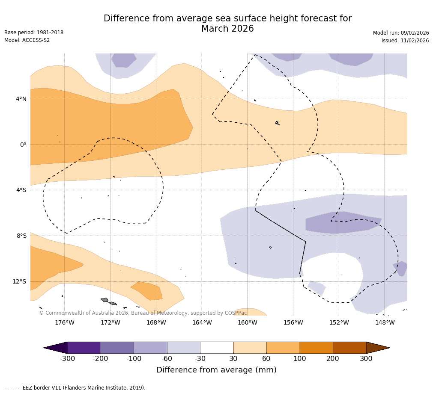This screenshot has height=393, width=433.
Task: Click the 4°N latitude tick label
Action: (21, 99)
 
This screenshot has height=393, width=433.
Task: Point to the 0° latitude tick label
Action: (23, 145)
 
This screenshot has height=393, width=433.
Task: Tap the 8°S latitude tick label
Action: (21, 236)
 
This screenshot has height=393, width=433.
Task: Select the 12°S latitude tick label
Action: (19, 282)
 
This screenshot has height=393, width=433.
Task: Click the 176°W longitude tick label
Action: (64, 323)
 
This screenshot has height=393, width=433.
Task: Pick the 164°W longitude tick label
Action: (202, 323)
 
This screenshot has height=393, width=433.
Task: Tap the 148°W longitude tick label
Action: (385, 323)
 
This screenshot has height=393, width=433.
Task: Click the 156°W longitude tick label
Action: (293, 323)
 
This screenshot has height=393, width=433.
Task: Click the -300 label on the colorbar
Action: (67, 359)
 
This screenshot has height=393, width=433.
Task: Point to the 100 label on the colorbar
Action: (299, 359)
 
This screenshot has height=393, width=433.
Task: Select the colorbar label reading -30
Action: (200, 359)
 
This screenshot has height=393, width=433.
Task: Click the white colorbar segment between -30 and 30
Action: (217, 348)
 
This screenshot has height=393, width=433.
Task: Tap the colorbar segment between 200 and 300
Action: (349, 348)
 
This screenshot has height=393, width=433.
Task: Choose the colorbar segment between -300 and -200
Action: (84, 348)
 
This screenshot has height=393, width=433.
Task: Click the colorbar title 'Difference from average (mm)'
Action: (216, 370)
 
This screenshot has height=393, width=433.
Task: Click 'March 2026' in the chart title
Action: (227, 29)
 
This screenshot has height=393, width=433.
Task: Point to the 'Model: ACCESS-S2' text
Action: (27, 40)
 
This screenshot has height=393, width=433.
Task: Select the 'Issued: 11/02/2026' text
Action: (405, 41)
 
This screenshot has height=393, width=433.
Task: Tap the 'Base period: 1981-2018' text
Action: (34, 33)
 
